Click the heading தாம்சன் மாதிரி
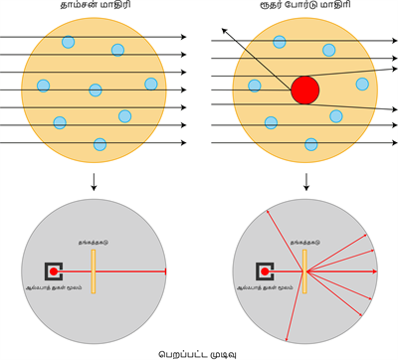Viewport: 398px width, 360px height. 92,7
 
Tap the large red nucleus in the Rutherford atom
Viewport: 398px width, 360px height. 305,90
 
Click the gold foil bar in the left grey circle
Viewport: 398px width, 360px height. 93,270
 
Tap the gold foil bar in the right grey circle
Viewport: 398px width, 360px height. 303,270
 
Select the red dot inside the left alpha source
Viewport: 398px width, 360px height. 54,270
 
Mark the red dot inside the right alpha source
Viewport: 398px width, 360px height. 265,270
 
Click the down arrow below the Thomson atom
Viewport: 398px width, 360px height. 93,183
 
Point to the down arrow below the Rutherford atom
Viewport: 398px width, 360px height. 305,183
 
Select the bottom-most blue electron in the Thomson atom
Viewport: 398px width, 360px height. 99,144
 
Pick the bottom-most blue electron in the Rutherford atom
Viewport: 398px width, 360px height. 311,144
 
